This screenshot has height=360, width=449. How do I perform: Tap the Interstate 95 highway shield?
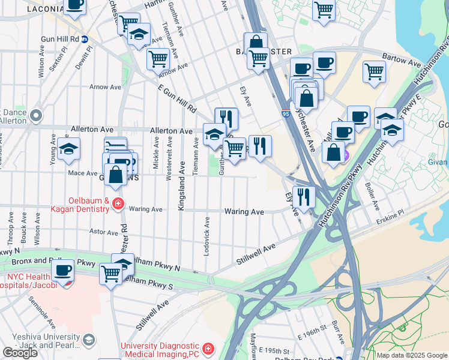(x=285, y=112)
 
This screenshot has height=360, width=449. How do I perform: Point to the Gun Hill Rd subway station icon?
(x=85, y=39)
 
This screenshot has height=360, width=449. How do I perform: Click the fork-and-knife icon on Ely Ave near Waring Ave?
(x=304, y=196)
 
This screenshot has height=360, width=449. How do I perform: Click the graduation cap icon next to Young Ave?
(x=69, y=150)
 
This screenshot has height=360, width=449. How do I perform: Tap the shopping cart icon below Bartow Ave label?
(x=374, y=71)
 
